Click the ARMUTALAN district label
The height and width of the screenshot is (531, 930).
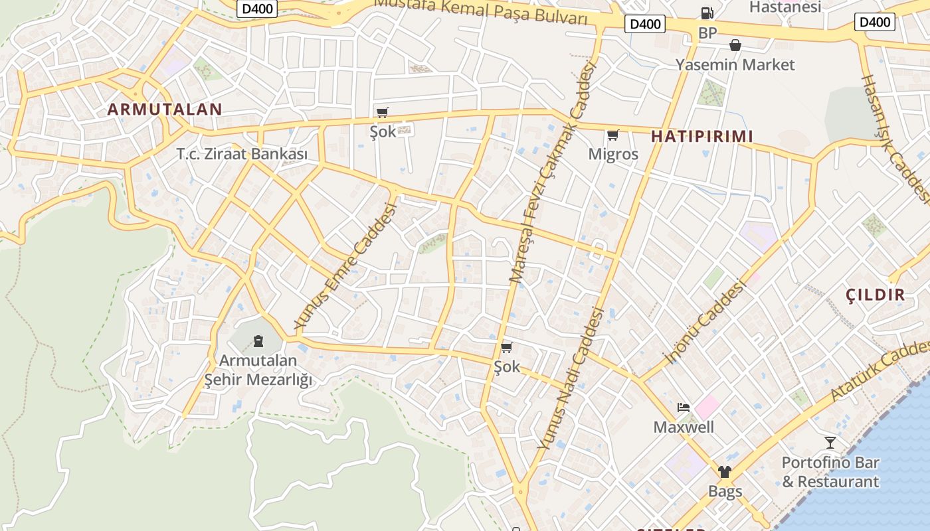(165, 110)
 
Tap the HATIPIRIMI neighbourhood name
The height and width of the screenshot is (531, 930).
(702, 137)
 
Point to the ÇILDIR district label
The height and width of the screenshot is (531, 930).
(876, 295)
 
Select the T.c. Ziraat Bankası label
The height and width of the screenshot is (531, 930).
(242, 154)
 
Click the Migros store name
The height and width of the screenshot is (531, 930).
(613, 155)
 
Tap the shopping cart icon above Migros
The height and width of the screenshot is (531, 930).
(613, 135)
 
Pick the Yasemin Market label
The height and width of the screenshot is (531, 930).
(735, 65)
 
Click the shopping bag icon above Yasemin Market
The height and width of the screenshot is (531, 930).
(735, 45)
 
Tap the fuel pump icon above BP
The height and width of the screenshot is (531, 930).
(707, 13)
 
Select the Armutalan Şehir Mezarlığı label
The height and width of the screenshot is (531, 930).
(258, 370)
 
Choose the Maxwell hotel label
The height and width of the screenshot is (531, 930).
(684, 427)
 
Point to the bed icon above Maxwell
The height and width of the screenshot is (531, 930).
(684, 407)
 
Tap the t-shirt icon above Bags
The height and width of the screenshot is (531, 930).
(724, 472)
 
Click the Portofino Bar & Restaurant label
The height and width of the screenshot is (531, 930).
(830, 472)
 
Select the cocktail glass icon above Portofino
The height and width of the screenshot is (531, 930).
(830, 442)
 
